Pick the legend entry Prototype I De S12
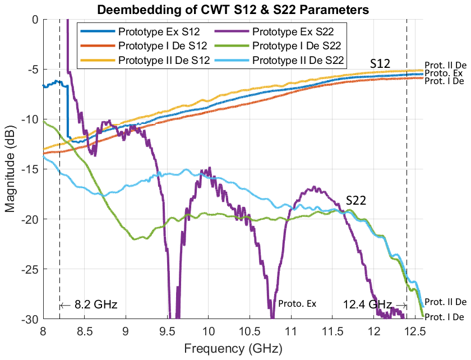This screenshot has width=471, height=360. (156, 45)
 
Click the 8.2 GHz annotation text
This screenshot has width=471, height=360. (88, 305)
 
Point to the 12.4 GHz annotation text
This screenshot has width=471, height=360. (373, 304)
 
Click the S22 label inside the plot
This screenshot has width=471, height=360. (355, 201)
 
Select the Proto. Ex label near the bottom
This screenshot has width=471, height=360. (297, 304)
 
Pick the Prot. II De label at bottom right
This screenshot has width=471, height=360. (446, 302)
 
